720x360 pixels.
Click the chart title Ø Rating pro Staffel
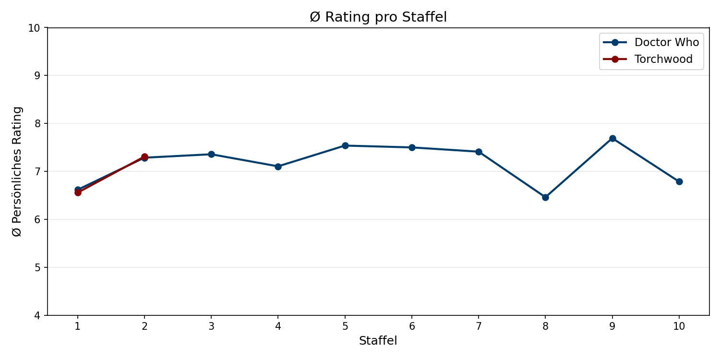378,17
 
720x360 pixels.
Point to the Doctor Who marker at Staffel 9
612,138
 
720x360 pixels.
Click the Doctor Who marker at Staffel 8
545,197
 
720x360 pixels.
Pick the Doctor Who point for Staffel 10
679,181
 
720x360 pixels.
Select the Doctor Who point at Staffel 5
345,145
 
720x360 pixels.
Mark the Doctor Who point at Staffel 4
278,167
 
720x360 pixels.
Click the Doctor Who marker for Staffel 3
211,154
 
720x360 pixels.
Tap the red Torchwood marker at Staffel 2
144,156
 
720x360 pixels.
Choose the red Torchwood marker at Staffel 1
78,192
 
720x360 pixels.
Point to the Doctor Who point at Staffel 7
479,152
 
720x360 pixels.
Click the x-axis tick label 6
412,326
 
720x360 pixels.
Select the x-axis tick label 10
679,326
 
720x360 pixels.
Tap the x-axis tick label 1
78,326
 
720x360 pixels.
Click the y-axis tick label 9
38,75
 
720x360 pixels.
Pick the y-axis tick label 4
38,315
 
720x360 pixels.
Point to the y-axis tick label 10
36,27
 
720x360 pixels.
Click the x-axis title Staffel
378,341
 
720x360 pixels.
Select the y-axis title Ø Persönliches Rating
17,171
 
